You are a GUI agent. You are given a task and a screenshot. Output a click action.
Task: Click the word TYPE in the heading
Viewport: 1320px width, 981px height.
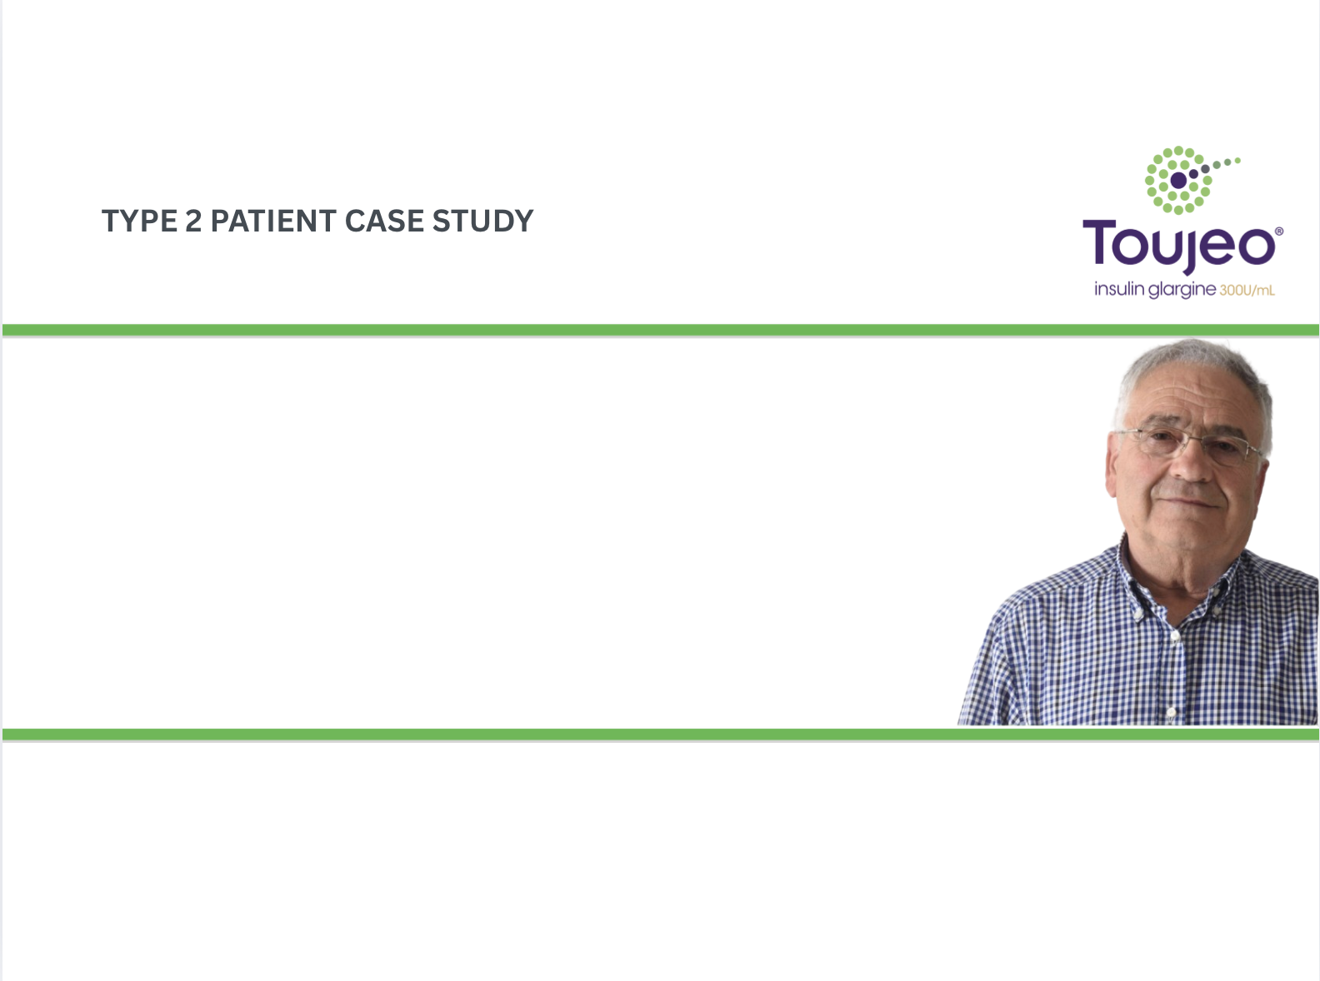click(140, 221)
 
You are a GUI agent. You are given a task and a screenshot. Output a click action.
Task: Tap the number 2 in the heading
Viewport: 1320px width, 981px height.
click(193, 221)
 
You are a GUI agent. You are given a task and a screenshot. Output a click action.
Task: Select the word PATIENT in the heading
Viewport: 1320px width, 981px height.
click(273, 221)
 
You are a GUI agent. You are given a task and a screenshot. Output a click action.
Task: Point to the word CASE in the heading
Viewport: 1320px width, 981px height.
click(384, 221)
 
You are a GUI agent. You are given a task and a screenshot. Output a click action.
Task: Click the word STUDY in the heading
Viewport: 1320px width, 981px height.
click(483, 221)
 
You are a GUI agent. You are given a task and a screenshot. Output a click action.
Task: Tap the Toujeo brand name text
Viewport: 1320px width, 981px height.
click(1178, 245)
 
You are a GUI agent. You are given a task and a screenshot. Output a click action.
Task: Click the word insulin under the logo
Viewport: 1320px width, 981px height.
click(1119, 289)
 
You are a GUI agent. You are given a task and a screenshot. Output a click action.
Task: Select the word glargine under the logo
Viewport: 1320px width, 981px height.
click(1182, 291)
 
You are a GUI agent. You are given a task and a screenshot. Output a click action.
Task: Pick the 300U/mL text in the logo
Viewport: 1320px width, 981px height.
click(1247, 291)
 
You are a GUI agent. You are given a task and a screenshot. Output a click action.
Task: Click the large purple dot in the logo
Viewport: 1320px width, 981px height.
click(1178, 180)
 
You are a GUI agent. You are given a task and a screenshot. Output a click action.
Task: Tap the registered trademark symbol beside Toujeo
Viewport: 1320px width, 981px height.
click(1279, 231)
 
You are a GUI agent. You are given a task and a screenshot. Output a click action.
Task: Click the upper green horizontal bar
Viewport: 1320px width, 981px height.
click(661, 330)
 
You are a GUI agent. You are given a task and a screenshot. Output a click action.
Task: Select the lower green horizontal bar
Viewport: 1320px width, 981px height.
click(661, 735)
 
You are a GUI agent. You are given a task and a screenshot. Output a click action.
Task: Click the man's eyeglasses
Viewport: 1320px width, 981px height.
click(1189, 445)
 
